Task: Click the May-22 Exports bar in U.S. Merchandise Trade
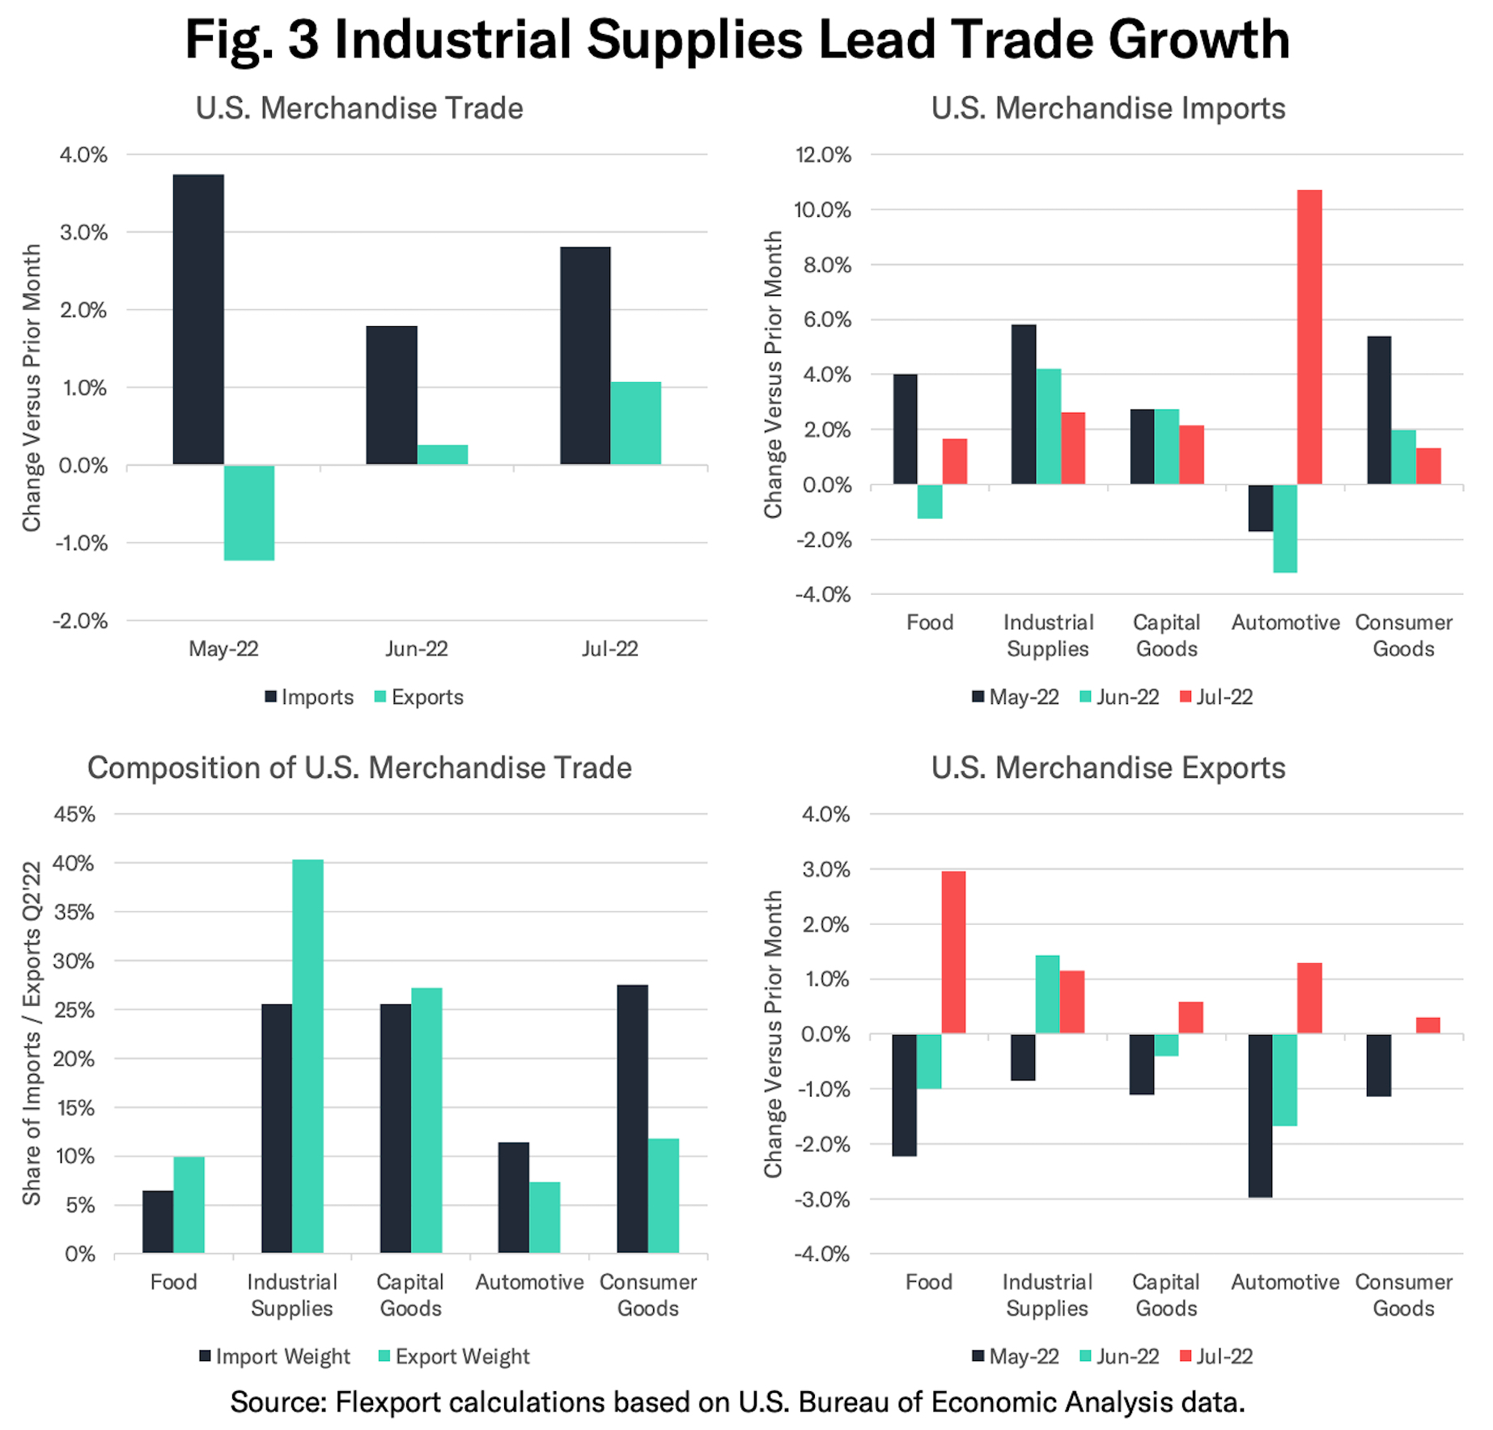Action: tap(249, 512)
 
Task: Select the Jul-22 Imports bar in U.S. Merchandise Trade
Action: tap(585, 355)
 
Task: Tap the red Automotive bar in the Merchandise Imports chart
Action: tap(1309, 337)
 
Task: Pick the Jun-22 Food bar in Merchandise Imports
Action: tap(930, 501)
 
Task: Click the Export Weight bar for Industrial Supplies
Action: tap(308, 1056)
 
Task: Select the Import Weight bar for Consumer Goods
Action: tap(632, 1118)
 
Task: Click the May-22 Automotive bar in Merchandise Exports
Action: tap(1260, 1115)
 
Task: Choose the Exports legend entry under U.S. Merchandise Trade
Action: tap(418, 697)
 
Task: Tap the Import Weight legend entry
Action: tap(274, 1356)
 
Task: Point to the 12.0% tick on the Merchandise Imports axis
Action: tap(823, 155)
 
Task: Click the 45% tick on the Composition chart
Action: tap(74, 814)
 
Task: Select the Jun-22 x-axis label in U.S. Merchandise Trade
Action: tap(417, 648)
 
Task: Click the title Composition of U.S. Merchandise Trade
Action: tap(359, 767)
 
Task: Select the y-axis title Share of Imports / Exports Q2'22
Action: tap(31, 1033)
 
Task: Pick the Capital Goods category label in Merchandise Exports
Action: tap(1166, 1295)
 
